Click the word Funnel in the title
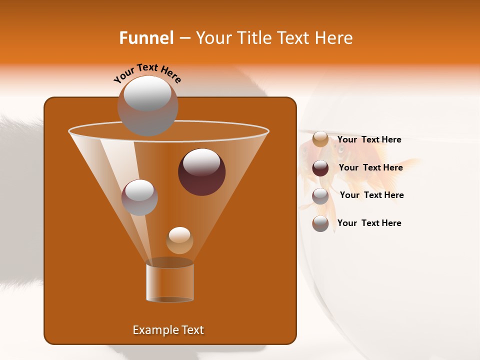pyautogui.click(x=146, y=38)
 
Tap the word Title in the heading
pyautogui.click(x=253, y=38)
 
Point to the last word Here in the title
pyautogui.click(x=334, y=38)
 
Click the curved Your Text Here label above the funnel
pyautogui.click(x=147, y=73)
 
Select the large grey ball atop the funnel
pyautogui.click(x=147, y=106)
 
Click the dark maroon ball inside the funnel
pyautogui.click(x=201, y=172)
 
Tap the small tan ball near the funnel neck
pyautogui.click(x=179, y=240)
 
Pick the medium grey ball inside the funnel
pyautogui.click(x=139, y=197)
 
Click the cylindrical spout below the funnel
pyautogui.click(x=170, y=282)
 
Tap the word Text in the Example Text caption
pyautogui.click(x=192, y=330)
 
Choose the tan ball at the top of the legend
pyautogui.click(x=320, y=139)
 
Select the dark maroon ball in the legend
pyautogui.click(x=320, y=168)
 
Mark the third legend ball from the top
pyautogui.click(x=320, y=196)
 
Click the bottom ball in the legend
pyautogui.click(x=320, y=223)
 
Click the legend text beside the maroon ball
pyautogui.click(x=370, y=167)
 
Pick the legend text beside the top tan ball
pyautogui.click(x=369, y=139)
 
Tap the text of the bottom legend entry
pyautogui.click(x=369, y=223)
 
